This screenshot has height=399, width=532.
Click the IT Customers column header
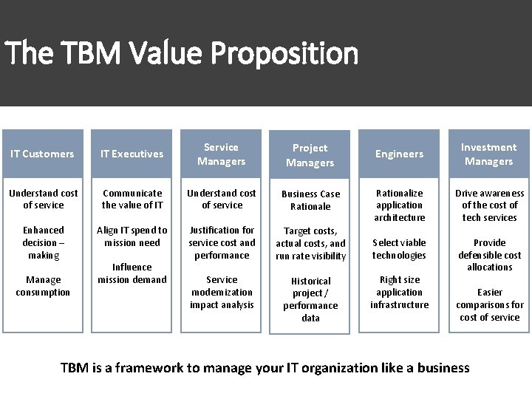(x=43, y=154)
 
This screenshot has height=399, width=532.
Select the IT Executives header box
(x=132, y=154)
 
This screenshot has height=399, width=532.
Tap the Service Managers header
(x=221, y=154)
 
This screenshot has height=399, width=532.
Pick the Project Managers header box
(x=310, y=155)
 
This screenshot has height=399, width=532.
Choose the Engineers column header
(x=399, y=154)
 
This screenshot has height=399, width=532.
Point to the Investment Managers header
(x=488, y=154)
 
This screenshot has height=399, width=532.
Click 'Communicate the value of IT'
(x=132, y=199)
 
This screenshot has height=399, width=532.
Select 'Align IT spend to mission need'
(x=132, y=236)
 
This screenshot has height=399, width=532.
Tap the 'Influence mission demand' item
(x=132, y=273)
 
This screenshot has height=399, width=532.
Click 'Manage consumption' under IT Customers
(x=43, y=286)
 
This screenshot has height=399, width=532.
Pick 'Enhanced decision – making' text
(x=43, y=242)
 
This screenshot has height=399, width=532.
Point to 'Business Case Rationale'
(x=310, y=200)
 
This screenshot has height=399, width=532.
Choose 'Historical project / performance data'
(x=310, y=299)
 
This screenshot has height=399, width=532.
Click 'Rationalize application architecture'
(x=399, y=205)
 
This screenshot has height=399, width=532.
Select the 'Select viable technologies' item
(x=399, y=249)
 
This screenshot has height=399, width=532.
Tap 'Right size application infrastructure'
(x=399, y=292)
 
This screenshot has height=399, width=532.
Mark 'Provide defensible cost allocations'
(x=489, y=254)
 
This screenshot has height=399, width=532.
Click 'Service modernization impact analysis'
(x=222, y=292)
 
